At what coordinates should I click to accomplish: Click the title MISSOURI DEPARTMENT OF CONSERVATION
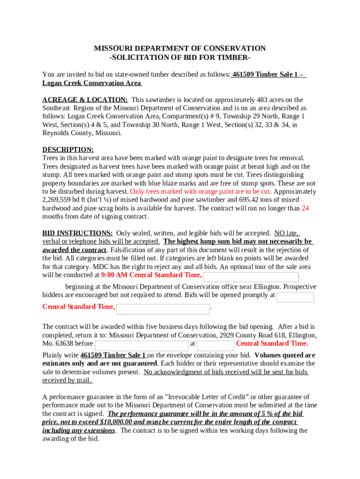pos(180,49)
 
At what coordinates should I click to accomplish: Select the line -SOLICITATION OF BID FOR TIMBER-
pos(180,58)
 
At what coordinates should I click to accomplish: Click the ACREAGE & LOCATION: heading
pos(85,100)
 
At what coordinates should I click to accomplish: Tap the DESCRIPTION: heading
pos(68,150)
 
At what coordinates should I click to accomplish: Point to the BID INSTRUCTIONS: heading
pos(77,233)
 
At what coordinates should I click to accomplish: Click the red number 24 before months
pos(305,209)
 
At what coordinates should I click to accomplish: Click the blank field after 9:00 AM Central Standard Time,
pos(251,277)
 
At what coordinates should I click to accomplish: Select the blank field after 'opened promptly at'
pos(295,298)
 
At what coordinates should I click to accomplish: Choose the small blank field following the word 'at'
pos(215,346)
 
